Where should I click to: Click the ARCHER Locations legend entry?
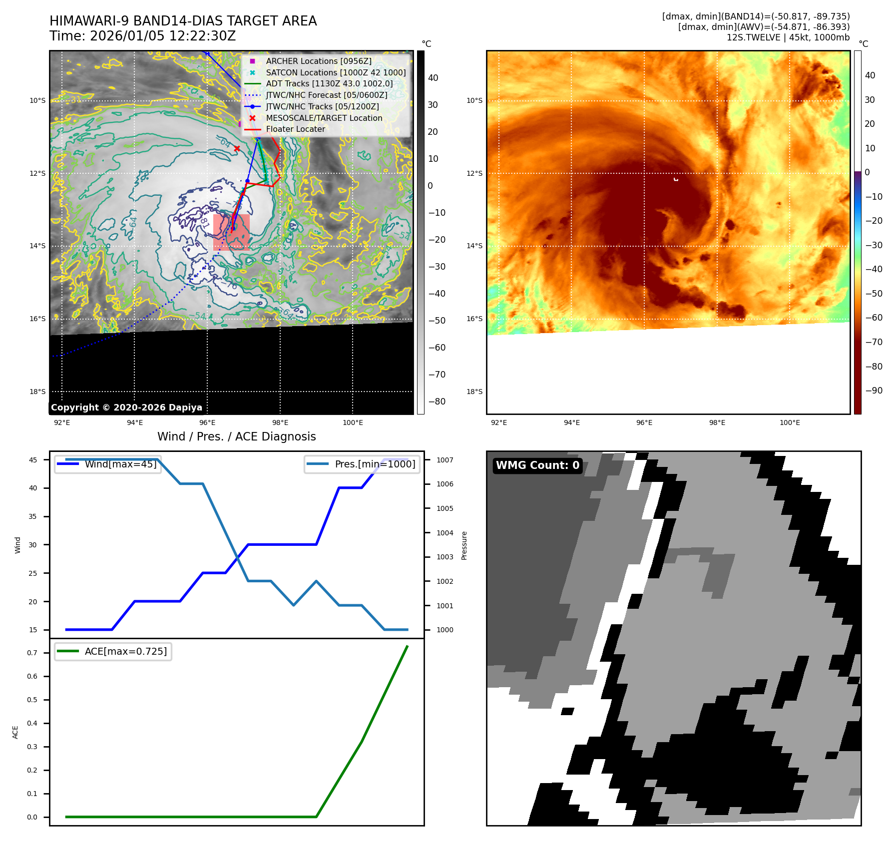pos(319,61)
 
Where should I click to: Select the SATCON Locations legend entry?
pos(336,72)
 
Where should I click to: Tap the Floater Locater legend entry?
pos(295,129)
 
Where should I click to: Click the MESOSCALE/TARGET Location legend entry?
pos(324,118)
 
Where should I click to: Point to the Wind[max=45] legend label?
pos(120,464)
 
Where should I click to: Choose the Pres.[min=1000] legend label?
pos(375,464)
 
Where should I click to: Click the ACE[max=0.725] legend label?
pos(126,651)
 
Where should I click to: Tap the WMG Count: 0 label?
pos(537,465)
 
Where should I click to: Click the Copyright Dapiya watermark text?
pos(126,408)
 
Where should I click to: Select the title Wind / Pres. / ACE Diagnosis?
pos(236,436)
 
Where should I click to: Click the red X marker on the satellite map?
pos(237,148)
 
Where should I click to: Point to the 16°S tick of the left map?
pos(37,319)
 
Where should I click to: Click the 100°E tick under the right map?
pos(790,422)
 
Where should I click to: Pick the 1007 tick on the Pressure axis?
pos(445,460)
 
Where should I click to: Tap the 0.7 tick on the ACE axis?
pos(32,653)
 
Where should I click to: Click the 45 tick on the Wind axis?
pos(33,460)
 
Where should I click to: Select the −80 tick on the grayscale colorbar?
pos(437,402)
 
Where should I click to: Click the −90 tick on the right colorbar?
pos(874,391)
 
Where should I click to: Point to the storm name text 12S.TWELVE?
pos(753,37)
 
